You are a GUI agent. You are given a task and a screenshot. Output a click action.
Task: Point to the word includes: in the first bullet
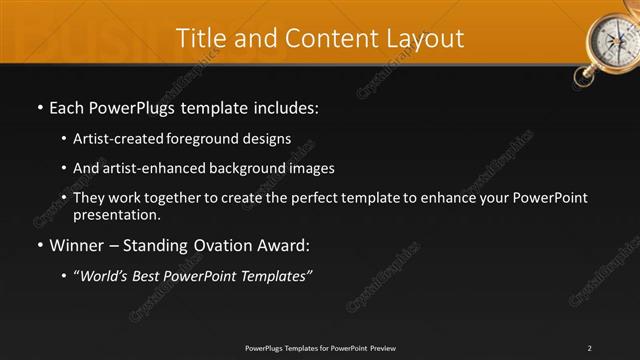point(285,107)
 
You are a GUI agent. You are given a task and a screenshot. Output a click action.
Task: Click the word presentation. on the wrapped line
point(116,214)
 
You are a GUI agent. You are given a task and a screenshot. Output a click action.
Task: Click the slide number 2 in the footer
point(590,347)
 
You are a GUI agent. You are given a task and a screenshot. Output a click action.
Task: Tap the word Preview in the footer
point(382,347)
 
